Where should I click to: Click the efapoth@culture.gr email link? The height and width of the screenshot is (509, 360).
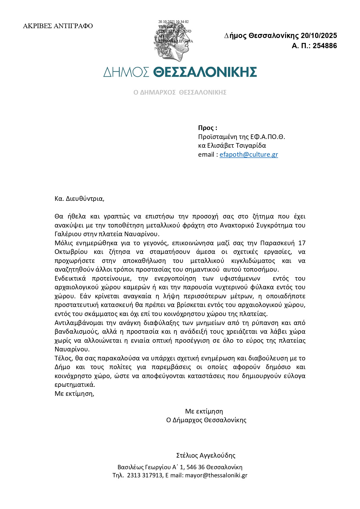(249, 154)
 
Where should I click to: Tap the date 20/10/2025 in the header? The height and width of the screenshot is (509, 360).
(319, 36)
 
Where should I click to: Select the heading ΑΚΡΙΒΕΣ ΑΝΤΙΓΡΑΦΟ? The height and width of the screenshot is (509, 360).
(58, 26)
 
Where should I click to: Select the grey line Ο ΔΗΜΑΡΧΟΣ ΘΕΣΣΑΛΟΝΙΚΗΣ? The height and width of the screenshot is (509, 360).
(180, 93)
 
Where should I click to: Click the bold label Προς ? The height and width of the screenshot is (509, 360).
(207, 128)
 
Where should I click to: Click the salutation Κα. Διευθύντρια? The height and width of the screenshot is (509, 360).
(79, 199)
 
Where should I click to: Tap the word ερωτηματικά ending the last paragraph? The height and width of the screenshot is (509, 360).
(75, 385)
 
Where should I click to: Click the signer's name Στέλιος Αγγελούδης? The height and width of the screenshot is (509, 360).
(206, 455)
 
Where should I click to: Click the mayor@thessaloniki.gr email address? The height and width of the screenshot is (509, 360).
(216, 475)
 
